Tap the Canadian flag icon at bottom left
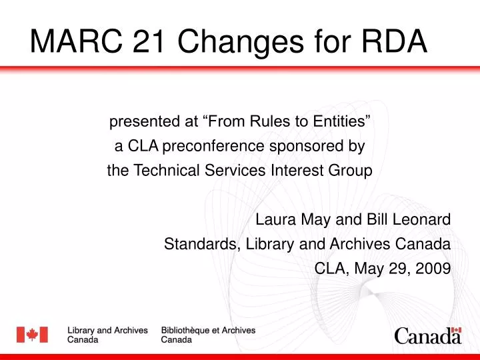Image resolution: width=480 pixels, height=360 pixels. [32, 335]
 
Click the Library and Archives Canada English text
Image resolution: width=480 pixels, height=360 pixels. [108, 335]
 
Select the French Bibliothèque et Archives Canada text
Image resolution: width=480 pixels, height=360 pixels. [208, 335]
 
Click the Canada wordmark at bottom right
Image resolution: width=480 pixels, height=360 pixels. [427, 337]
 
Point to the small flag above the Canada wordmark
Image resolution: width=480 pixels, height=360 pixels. [456, 329]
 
